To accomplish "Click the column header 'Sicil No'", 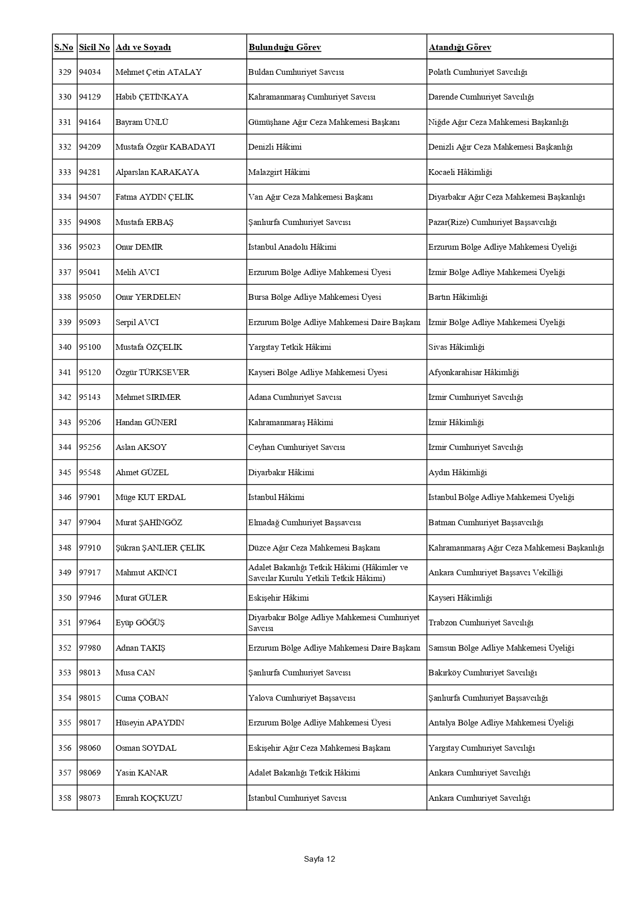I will coord(94,47).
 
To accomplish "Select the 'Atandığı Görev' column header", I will coord(459,47).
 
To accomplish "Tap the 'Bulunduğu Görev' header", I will coord(284,47).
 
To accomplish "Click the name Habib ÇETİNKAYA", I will coord(152,97).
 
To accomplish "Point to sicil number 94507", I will coord(90,197).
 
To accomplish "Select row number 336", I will coord(65,247).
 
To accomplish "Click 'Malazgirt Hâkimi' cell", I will coord(279,172).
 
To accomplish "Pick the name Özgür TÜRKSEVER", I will coord(152,373).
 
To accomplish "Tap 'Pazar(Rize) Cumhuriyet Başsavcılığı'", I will coord(492,222).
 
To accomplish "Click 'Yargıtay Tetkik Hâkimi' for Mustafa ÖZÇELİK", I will coord(290,347).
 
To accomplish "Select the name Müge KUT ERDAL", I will coord(150,497).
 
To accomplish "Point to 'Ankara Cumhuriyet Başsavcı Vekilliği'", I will coord(495,573).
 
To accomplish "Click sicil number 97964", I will coord(90,623).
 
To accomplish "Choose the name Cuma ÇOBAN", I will coord(142,698).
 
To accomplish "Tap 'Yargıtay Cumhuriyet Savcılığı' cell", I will coord(481,748).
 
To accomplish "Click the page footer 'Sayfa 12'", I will coord(319,859).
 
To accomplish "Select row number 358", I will coord(65,798).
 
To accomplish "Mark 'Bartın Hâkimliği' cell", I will coord(457,297).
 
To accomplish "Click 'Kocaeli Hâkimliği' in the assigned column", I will coord(460,172).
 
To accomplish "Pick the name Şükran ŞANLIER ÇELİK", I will coord(160,548).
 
